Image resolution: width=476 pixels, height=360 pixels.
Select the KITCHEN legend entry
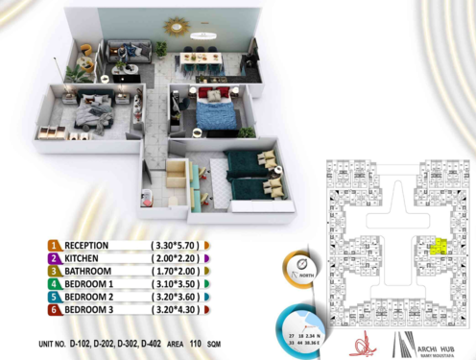tap(84, 259)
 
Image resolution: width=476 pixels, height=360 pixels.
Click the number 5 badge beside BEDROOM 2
tap(56, 298)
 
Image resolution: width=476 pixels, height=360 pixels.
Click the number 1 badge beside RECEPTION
tap(56, 246)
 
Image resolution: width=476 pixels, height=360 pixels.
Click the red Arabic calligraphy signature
tap(361, 339)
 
